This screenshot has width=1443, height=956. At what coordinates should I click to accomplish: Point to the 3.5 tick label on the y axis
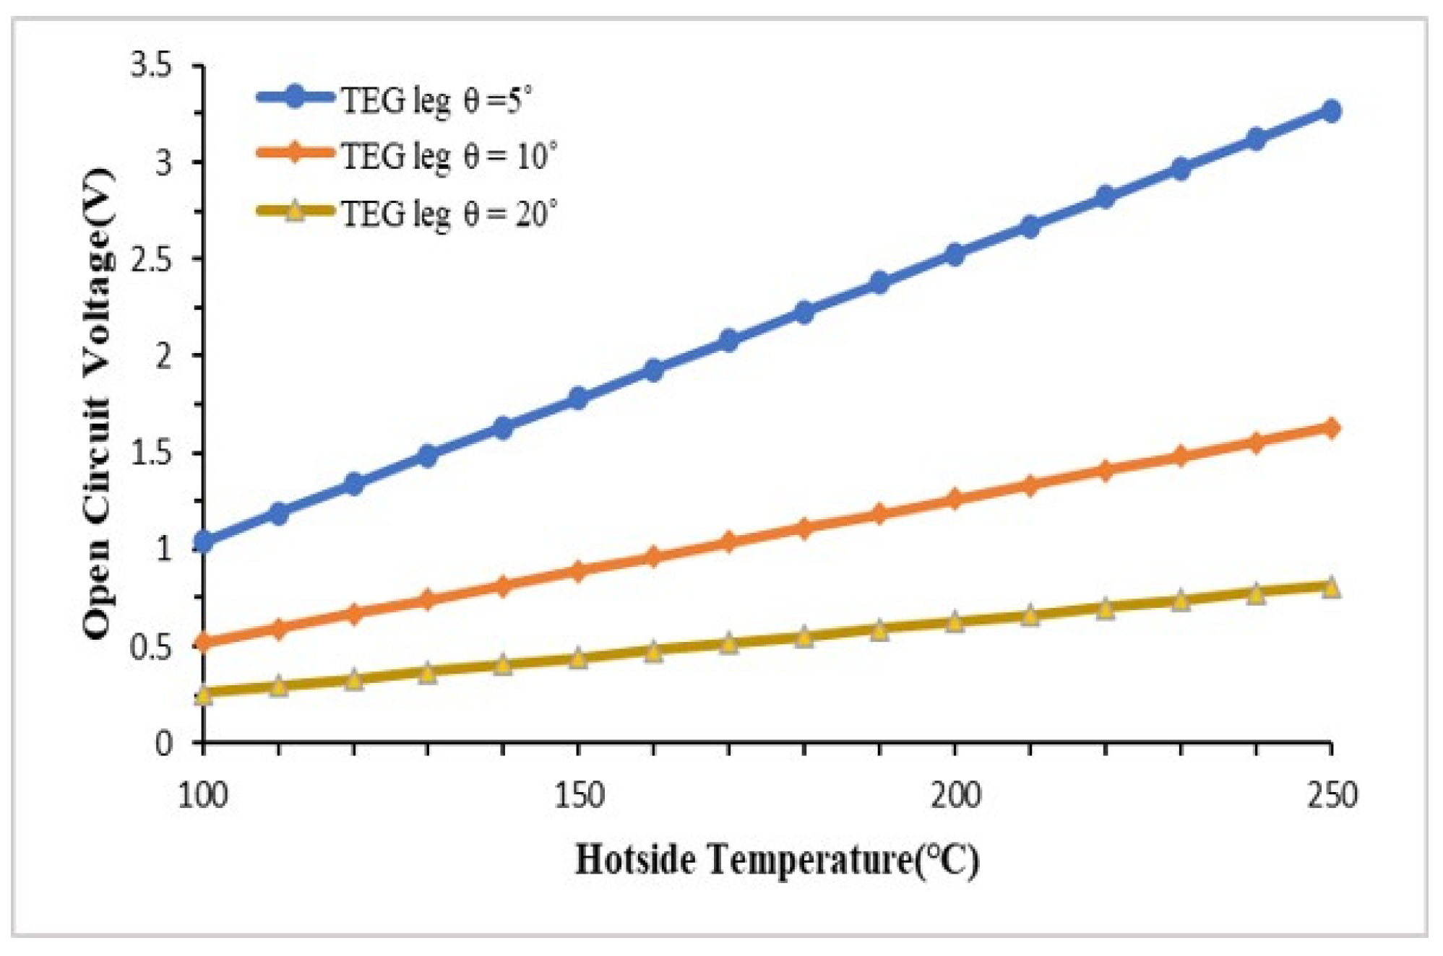(x=152, y=66)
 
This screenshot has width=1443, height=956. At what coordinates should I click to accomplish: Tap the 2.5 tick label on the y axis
(x=152, y=259)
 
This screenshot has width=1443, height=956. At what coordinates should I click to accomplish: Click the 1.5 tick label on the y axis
(x=152, y=453)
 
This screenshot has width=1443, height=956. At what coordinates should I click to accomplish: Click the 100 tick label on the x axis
(x=202, y=796)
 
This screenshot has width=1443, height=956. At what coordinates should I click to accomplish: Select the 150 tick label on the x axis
(x=578, y=796)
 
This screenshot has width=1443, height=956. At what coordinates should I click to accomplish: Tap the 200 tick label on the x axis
(x=955, y=796)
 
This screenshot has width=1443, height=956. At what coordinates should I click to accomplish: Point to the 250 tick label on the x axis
(x=1331, y=796)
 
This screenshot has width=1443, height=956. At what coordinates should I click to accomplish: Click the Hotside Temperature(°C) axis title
(x=777, y=860)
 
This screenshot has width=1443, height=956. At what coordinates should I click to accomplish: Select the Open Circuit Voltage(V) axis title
(x=98, y=404)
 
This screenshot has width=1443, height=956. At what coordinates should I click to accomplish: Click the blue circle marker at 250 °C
(x=1331, y=110)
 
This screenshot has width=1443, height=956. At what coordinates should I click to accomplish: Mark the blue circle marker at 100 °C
(x=203, y=541)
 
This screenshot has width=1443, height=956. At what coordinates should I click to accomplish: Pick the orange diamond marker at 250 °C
(x=1331, y=428)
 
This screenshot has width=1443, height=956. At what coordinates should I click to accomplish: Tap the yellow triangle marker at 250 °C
(x=1331, y=587)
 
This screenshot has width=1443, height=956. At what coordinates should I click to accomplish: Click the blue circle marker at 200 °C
(x=955, y=254)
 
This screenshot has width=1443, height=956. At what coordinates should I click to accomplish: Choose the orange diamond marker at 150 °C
(x=578, y=570)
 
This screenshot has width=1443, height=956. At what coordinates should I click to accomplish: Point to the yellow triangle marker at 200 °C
(x=955, y=622)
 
